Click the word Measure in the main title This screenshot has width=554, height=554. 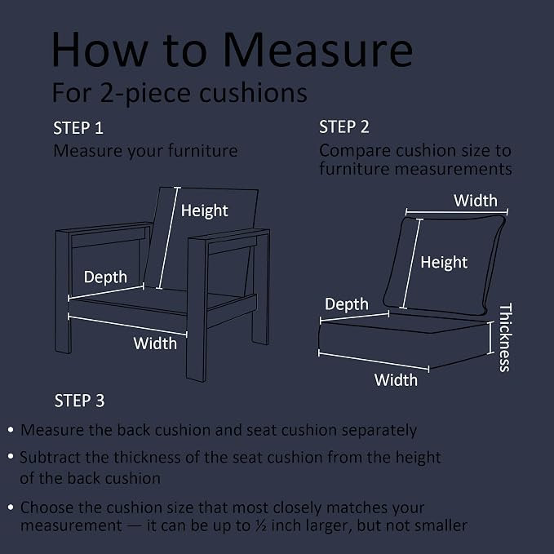[317, 50]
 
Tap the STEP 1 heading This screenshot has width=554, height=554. [78, 128]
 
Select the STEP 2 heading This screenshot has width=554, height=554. [344, 126]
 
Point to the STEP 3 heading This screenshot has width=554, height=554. [79, 401]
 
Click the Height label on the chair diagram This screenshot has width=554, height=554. [204, 211]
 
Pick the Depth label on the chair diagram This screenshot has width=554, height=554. [105, 277]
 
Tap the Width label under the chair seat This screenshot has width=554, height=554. [155, 343]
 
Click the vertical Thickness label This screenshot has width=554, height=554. [505, 338]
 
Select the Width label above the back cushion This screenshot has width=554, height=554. [476, 201]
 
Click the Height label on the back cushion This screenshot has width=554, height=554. [444, 263]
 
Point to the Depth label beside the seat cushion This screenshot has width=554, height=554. [346, 304]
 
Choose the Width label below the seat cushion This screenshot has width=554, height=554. [396, 380]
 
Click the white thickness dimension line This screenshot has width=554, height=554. [490, 338]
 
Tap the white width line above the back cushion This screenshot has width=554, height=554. [456, 212]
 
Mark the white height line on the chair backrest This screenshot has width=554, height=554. [168, 237]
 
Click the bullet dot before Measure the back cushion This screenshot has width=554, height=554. [11, 430]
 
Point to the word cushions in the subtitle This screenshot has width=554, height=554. [253, 93]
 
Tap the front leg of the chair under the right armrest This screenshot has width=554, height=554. [197, 311]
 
